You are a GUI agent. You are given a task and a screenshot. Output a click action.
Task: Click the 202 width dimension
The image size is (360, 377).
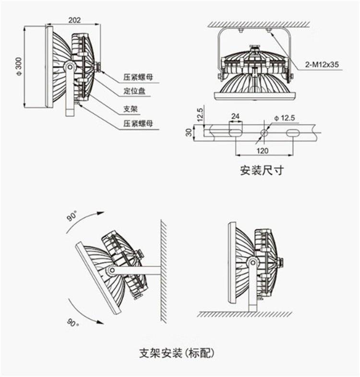74,20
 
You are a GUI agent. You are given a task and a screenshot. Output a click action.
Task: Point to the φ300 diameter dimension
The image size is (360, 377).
19,67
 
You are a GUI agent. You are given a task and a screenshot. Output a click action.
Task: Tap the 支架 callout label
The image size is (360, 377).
131,109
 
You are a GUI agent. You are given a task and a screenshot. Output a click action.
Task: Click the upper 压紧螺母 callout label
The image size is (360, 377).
138,76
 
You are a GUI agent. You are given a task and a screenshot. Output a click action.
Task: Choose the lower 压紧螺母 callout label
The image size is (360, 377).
138,123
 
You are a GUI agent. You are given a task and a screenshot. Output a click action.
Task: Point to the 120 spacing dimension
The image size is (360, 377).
262,151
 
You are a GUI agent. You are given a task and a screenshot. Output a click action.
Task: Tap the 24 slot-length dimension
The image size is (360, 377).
235,116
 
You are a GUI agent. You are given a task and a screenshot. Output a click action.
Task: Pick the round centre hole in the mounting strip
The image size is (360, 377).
263,132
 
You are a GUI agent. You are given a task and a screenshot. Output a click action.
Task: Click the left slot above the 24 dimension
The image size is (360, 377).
235,131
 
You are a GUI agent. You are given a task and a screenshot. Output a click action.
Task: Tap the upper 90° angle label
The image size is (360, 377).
72,217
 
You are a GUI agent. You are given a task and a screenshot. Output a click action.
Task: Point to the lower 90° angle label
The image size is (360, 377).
72,322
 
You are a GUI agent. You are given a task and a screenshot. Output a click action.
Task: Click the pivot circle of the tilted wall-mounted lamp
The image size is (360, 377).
111,270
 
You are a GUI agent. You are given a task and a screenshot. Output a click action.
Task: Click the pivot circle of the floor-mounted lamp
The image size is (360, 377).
252,262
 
